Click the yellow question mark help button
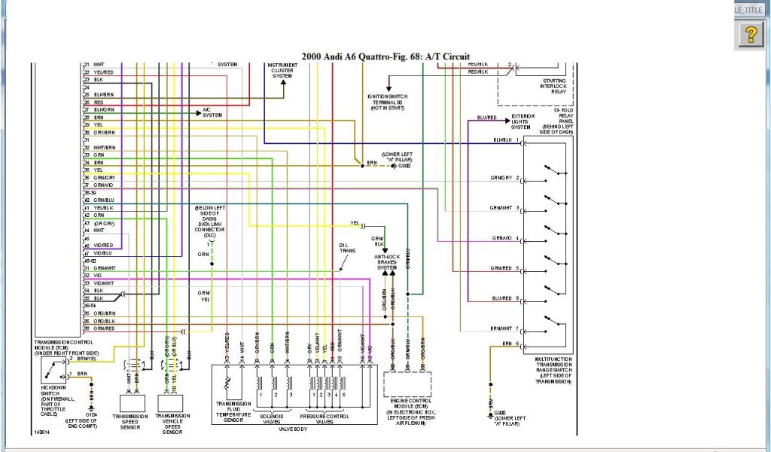751,34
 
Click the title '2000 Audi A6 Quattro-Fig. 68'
385,56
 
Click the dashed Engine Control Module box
407,384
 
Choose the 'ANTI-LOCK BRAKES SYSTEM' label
386,262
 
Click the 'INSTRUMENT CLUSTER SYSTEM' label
283,70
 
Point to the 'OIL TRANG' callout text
348,249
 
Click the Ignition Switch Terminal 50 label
385,102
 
